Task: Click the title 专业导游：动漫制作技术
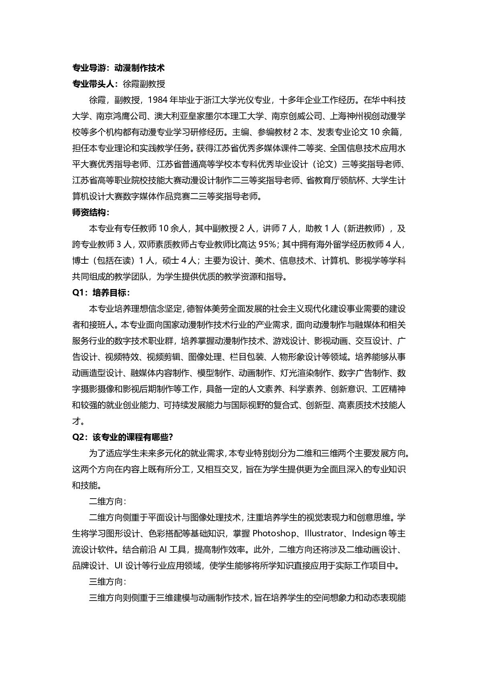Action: pos(118,68)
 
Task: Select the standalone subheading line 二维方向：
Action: pos(108,501)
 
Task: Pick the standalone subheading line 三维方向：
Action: pos(108,582)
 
